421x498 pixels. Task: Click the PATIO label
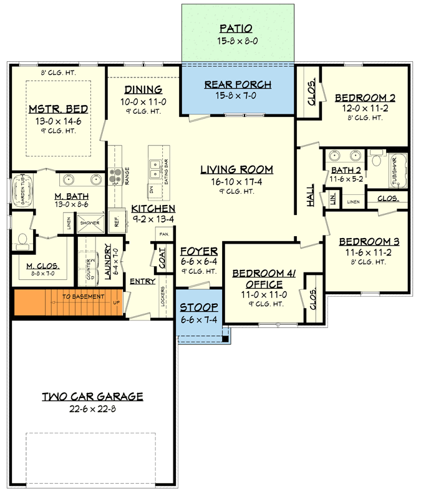[236, 29]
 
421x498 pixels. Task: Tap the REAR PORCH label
[238, 85]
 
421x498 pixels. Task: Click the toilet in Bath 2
[376, 160]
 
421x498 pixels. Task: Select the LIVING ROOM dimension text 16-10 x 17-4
[236, 181]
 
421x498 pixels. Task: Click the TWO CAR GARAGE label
[92, 396]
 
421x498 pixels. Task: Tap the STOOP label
[199, 307]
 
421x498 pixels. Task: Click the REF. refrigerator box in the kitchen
[115, 221]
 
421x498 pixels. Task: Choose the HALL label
[310, 198]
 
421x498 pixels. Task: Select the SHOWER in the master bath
[89, 222]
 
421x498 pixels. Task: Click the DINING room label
[143, 89]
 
